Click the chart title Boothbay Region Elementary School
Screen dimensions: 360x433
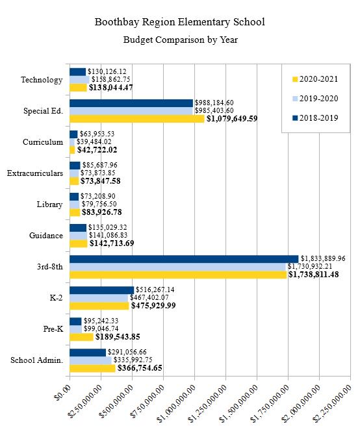180,22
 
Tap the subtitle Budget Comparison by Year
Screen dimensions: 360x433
180,40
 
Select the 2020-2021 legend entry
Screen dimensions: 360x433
315,79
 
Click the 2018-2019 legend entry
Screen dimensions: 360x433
315,118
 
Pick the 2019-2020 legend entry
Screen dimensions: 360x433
315,99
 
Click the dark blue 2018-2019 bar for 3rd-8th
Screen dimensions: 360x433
184,259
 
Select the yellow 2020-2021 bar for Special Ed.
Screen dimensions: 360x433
137,119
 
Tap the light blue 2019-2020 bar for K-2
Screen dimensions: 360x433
99,298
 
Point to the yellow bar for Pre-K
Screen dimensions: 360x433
81,337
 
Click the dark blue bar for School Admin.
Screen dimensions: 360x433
88,353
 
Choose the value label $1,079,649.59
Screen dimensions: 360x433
232,119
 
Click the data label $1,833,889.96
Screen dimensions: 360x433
323,258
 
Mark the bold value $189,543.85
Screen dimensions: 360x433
118,337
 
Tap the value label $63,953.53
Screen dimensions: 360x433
97,134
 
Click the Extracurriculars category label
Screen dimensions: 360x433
35,173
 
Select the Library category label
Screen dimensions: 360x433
49,204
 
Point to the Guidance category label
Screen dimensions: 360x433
46,236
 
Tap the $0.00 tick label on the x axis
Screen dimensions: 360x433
63,392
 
